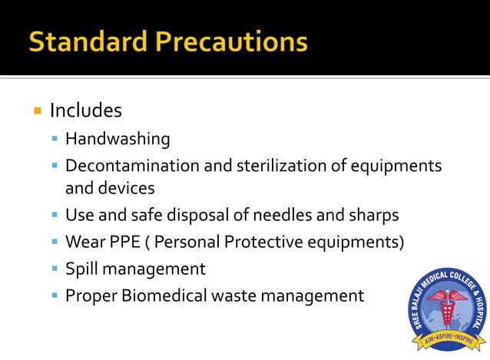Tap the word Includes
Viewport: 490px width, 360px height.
[x=86, y=111]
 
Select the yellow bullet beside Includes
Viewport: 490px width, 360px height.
[x=36, y=111]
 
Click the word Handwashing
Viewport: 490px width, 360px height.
[x=118, y=140]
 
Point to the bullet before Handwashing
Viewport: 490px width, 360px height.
[x=54, y=140]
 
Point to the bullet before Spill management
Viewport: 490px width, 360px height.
[x=54, y=269]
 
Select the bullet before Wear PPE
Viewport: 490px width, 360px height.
[x=54, y=243]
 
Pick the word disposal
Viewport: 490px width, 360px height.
[x=185, y=215]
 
